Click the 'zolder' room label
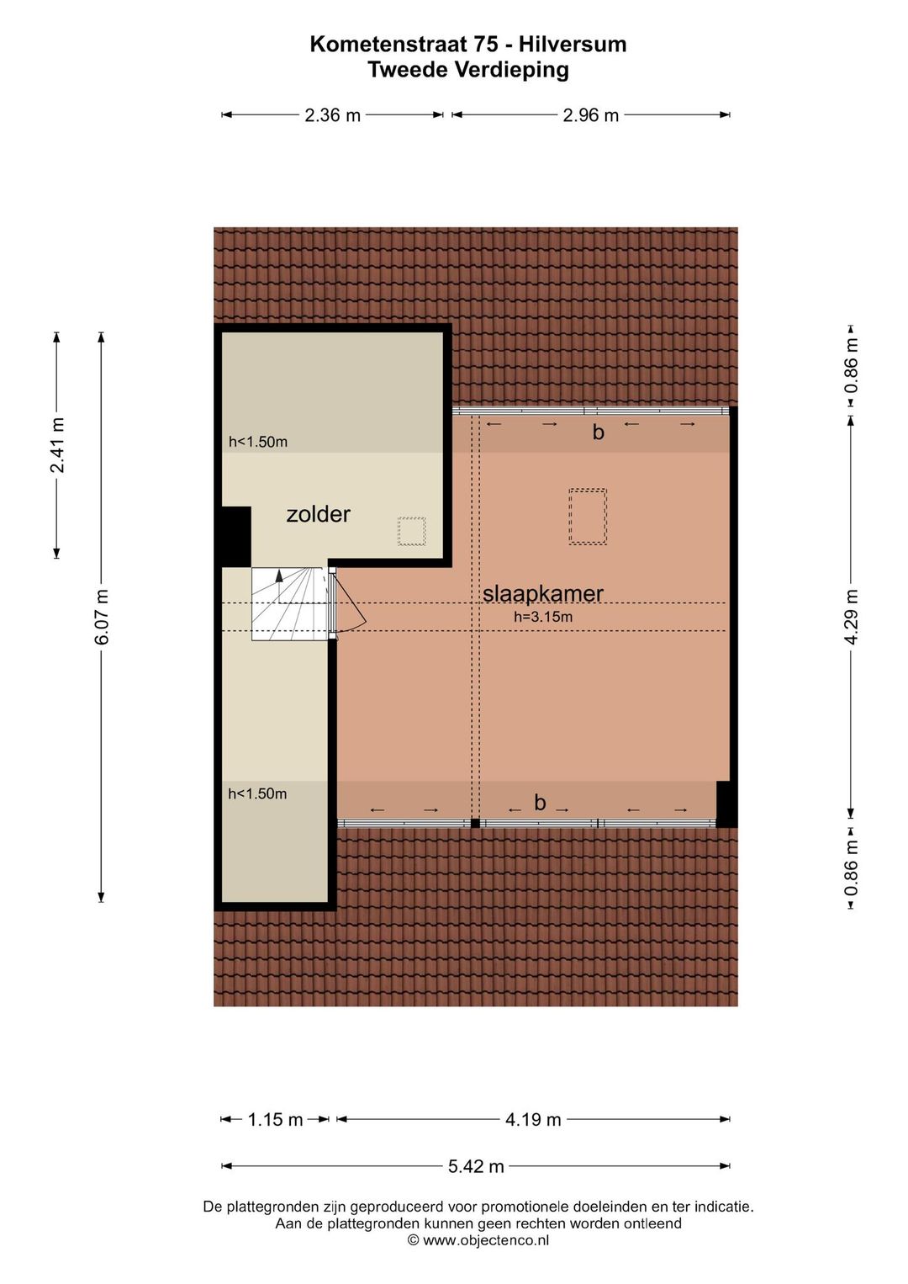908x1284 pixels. click(318, 515)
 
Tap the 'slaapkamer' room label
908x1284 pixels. click(542, 594)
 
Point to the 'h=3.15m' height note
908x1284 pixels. click(543, 617)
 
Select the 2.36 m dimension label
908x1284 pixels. click(332, 115)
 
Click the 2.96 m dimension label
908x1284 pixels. click(591, 115)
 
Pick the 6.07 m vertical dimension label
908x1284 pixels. click(102, 617)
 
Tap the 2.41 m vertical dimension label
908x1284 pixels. click(56, 445)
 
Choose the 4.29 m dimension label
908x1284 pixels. click(852, 617)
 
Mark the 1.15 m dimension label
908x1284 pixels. click(275, 1119)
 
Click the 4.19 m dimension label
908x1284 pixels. click(533, 1119)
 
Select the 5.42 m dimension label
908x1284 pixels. click(476, 1166)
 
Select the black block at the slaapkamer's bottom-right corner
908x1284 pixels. click(724, 804)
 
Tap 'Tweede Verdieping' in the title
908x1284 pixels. click(468, 70)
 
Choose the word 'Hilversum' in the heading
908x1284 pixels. click(573, 44)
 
